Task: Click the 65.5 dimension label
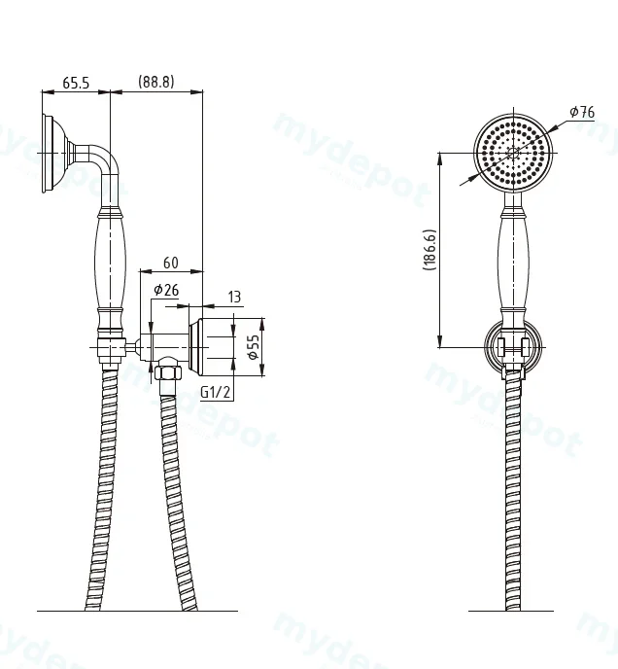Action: (x=76, y=83)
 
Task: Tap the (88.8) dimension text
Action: (x=156, y=82)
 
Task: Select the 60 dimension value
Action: (x=171, y=263)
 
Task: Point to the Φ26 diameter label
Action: (x=166, y=290)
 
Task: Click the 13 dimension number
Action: (x=234, y=297)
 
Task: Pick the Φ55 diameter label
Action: (x=254, y=347)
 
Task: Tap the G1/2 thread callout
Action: (x=216, y=392)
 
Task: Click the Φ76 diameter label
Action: (x=582, y=112)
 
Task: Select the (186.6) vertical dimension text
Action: (x=429, y=250)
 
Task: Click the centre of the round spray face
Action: (x=513, y=154)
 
